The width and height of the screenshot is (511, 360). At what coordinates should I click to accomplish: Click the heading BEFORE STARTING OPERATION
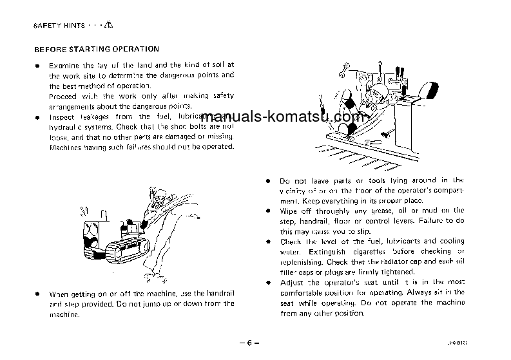96,49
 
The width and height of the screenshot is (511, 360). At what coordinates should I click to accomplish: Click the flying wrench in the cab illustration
343,67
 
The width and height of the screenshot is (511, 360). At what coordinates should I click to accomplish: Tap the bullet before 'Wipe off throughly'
267,211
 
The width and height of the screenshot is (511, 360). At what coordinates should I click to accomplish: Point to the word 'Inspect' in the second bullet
63,117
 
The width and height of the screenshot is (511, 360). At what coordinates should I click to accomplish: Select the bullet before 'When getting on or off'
37,294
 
